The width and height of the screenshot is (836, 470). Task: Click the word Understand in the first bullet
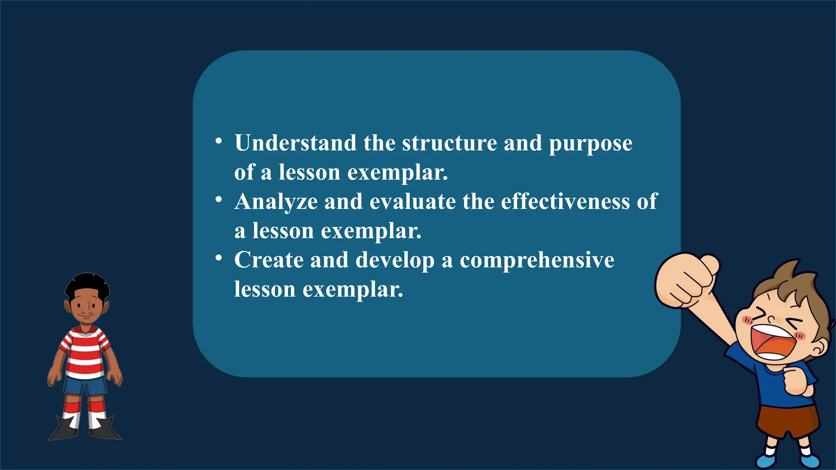click(x=295, y=143)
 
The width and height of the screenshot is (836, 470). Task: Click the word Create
click(x=269, y=260)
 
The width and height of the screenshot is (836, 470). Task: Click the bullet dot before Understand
click(x=219, y=141)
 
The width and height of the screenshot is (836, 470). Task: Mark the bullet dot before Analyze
click(x=219, y=200)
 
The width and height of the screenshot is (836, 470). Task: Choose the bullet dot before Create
click(x=219, y=258)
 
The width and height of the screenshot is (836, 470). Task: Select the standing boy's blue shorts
click(x=85, y=386)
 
